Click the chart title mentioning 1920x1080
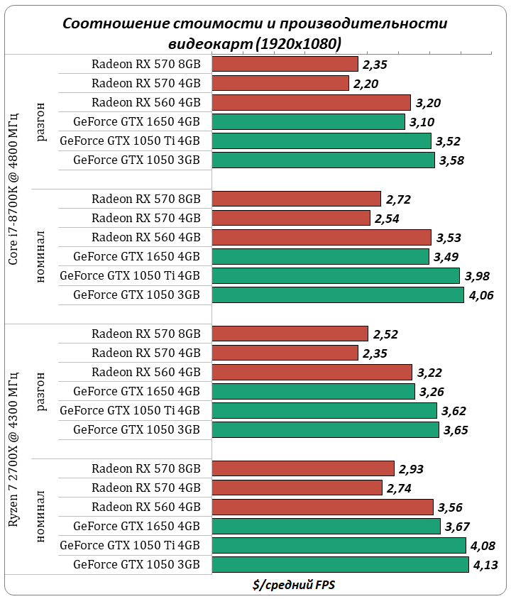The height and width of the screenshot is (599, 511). [255, 33]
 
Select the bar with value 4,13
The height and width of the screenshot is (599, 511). [340, 564]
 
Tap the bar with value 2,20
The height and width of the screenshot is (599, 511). [280, 83]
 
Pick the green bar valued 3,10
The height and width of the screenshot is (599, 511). [308, 121]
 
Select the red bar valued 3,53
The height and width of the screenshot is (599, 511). [322, 237]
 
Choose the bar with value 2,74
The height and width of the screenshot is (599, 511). [297, 488]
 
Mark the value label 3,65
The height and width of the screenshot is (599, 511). [456, 429]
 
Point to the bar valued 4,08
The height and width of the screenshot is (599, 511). [339, 545]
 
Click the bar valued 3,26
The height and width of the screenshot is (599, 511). [313, 391]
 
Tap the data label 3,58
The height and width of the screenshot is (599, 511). [451, 160]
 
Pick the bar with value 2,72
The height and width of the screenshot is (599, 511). [297, 199]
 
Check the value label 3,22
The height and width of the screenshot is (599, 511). [430, 372]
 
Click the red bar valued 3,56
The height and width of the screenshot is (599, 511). [322, 507]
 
